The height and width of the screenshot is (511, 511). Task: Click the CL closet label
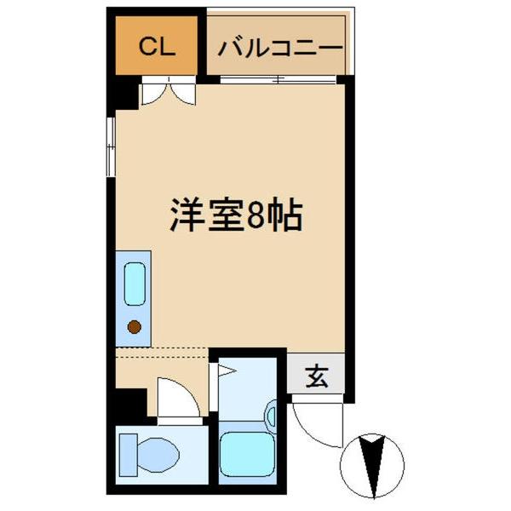[157, 46]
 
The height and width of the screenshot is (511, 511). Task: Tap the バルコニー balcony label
[280, 47]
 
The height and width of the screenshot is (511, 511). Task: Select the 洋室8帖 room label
[234, 218]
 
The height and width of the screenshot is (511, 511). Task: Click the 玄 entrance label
[317, 376]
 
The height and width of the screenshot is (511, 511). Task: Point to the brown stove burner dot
[134, 325]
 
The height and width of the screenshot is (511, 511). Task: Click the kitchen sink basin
[134, 284]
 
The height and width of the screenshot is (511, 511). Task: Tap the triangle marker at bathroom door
[225, 370]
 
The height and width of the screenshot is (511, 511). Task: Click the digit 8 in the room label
[256, 218]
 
